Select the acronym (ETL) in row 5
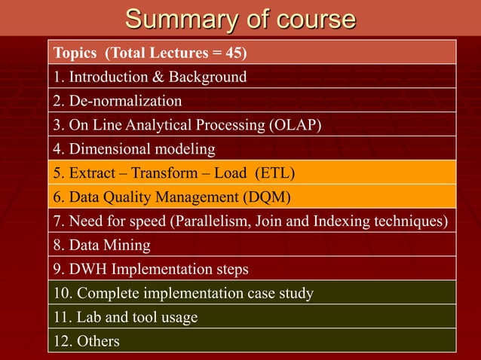pyautogui.click(x=273, y=173)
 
